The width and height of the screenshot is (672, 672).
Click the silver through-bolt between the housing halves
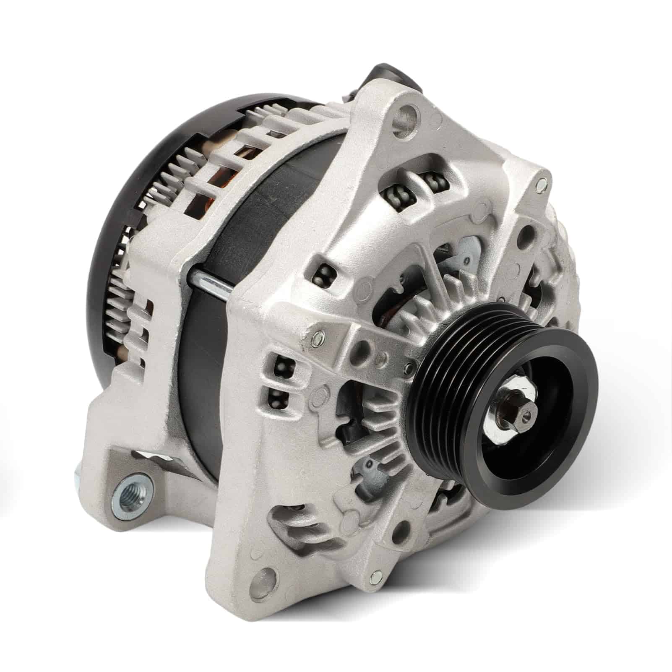tap(210, 280)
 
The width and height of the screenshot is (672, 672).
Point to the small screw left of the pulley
tap(409, 368)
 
